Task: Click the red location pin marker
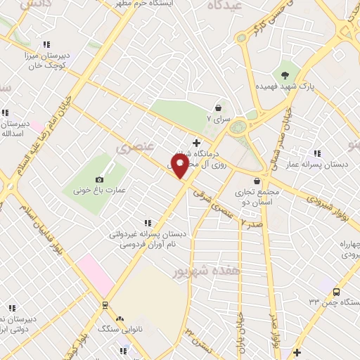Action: point(179,166)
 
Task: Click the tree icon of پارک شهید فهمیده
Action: point(285,75)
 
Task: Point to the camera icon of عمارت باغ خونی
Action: point(99,179)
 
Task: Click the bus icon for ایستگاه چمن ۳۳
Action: point(336,292)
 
